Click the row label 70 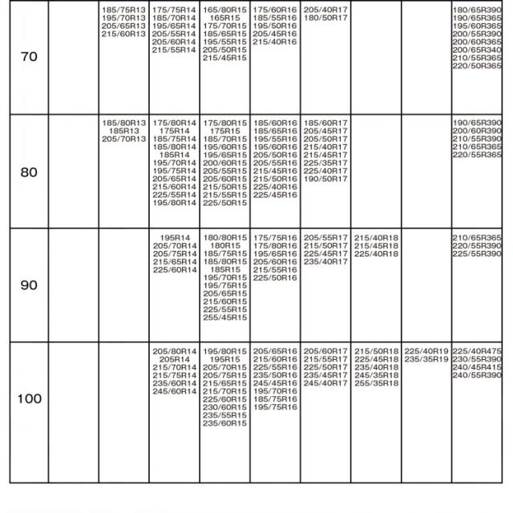coord(29,58)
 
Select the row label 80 coord(29,172)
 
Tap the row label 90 coord(29,285)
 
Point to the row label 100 coord(29,399)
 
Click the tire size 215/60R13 coord(124,34)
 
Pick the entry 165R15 coord(224,18)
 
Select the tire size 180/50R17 coord(325,18)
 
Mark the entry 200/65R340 coord(477,50)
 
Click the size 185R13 coord(124,131)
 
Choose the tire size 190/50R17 coord(325,179)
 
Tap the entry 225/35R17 coord(325,163)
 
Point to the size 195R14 coord(174,237)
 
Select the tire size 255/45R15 coord(224,317)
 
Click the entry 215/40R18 coord(376,237)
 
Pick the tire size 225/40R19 coord(426,351)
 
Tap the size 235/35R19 coord(426,359)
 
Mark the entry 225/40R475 coord(477,351)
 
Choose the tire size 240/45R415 coord(477,367)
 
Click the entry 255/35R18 coord(376,383)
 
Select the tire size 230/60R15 coord(224,407)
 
